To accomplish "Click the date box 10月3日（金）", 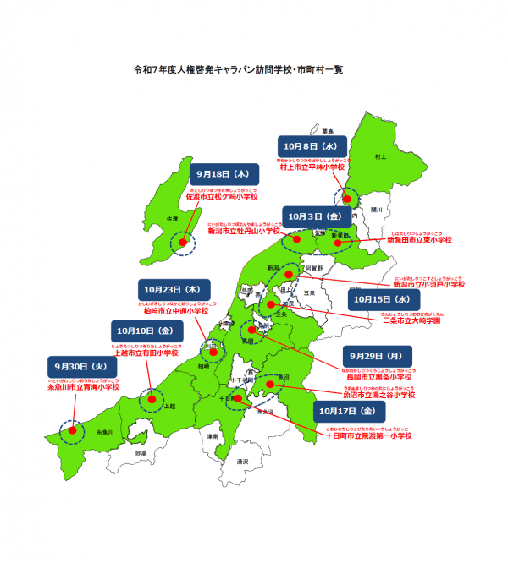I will point(315,217).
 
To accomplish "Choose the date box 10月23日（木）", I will point(170,288).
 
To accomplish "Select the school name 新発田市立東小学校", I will point(418,241).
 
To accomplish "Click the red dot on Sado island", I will point(181,243).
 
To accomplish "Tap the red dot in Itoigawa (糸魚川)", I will point(73,429).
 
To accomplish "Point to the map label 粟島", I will point(328,131).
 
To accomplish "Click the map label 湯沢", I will point(243,462).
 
